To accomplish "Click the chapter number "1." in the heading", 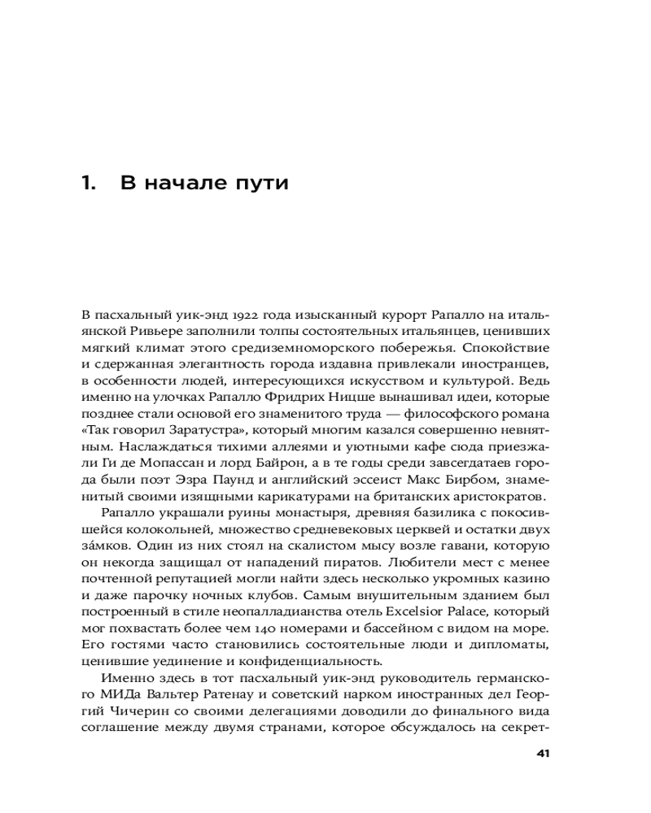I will coord(90,183).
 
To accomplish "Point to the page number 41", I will coord(544,753).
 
